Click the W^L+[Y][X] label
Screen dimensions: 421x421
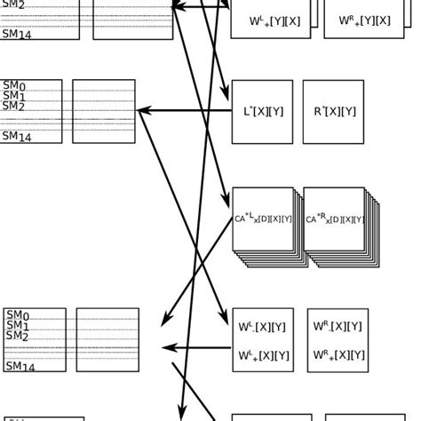pos(274,20)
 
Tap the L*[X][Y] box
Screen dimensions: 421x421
pos(262,112)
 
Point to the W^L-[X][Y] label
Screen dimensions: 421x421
pos(263,327)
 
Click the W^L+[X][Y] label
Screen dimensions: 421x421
pos(263,355)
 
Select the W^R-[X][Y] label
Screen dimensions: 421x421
pos(338,327)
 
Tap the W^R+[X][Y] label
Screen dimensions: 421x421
pos(338,355)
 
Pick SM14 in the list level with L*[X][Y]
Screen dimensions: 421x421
pos(18,136)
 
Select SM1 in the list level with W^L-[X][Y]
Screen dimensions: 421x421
pos(18,325)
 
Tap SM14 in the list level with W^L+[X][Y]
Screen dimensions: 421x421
pos(20,366)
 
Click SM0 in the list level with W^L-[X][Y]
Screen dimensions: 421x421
pos(18,315)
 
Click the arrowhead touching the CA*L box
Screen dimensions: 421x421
pos(226,201)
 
